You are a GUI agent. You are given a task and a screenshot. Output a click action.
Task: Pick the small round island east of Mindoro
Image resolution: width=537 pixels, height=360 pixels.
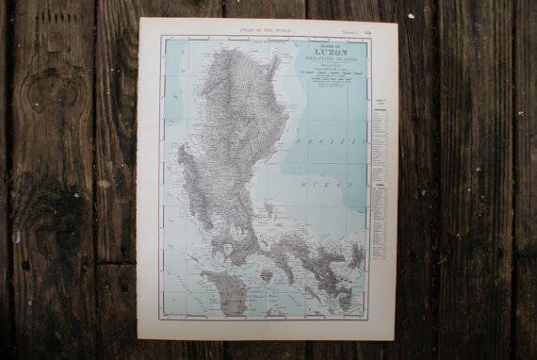267,276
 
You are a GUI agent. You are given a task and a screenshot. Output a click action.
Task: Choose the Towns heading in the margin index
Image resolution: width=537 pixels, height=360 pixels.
379,185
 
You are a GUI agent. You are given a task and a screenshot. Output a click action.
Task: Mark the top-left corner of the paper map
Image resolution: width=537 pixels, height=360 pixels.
139,19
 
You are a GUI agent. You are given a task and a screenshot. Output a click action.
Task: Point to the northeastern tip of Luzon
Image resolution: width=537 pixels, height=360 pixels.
276,58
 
